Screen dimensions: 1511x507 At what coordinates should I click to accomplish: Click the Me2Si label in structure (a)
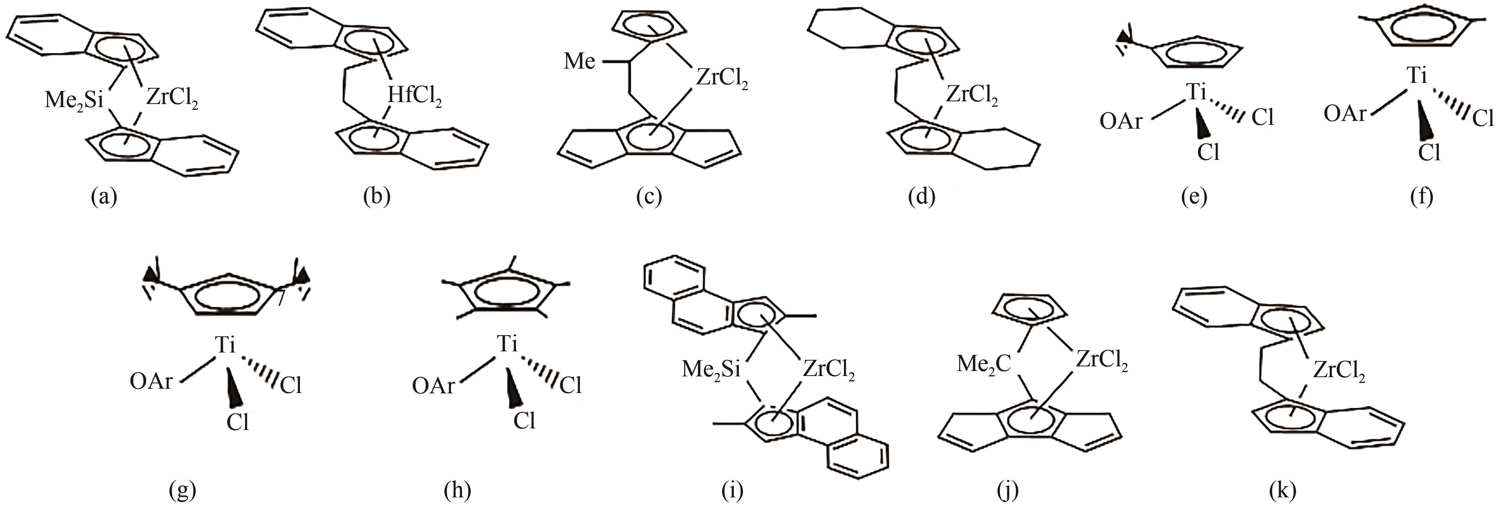point(73,101)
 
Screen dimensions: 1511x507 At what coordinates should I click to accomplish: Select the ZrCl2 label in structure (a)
point(172,99)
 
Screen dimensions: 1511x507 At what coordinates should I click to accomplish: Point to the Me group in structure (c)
point(580,60)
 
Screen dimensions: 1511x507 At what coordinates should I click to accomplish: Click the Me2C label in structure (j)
point(984,364)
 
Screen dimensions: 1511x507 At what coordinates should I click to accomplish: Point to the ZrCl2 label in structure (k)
point(1339,371)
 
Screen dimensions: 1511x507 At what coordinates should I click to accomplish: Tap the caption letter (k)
point(1281,489)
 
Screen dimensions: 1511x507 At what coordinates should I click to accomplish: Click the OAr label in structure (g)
point(151,381)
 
